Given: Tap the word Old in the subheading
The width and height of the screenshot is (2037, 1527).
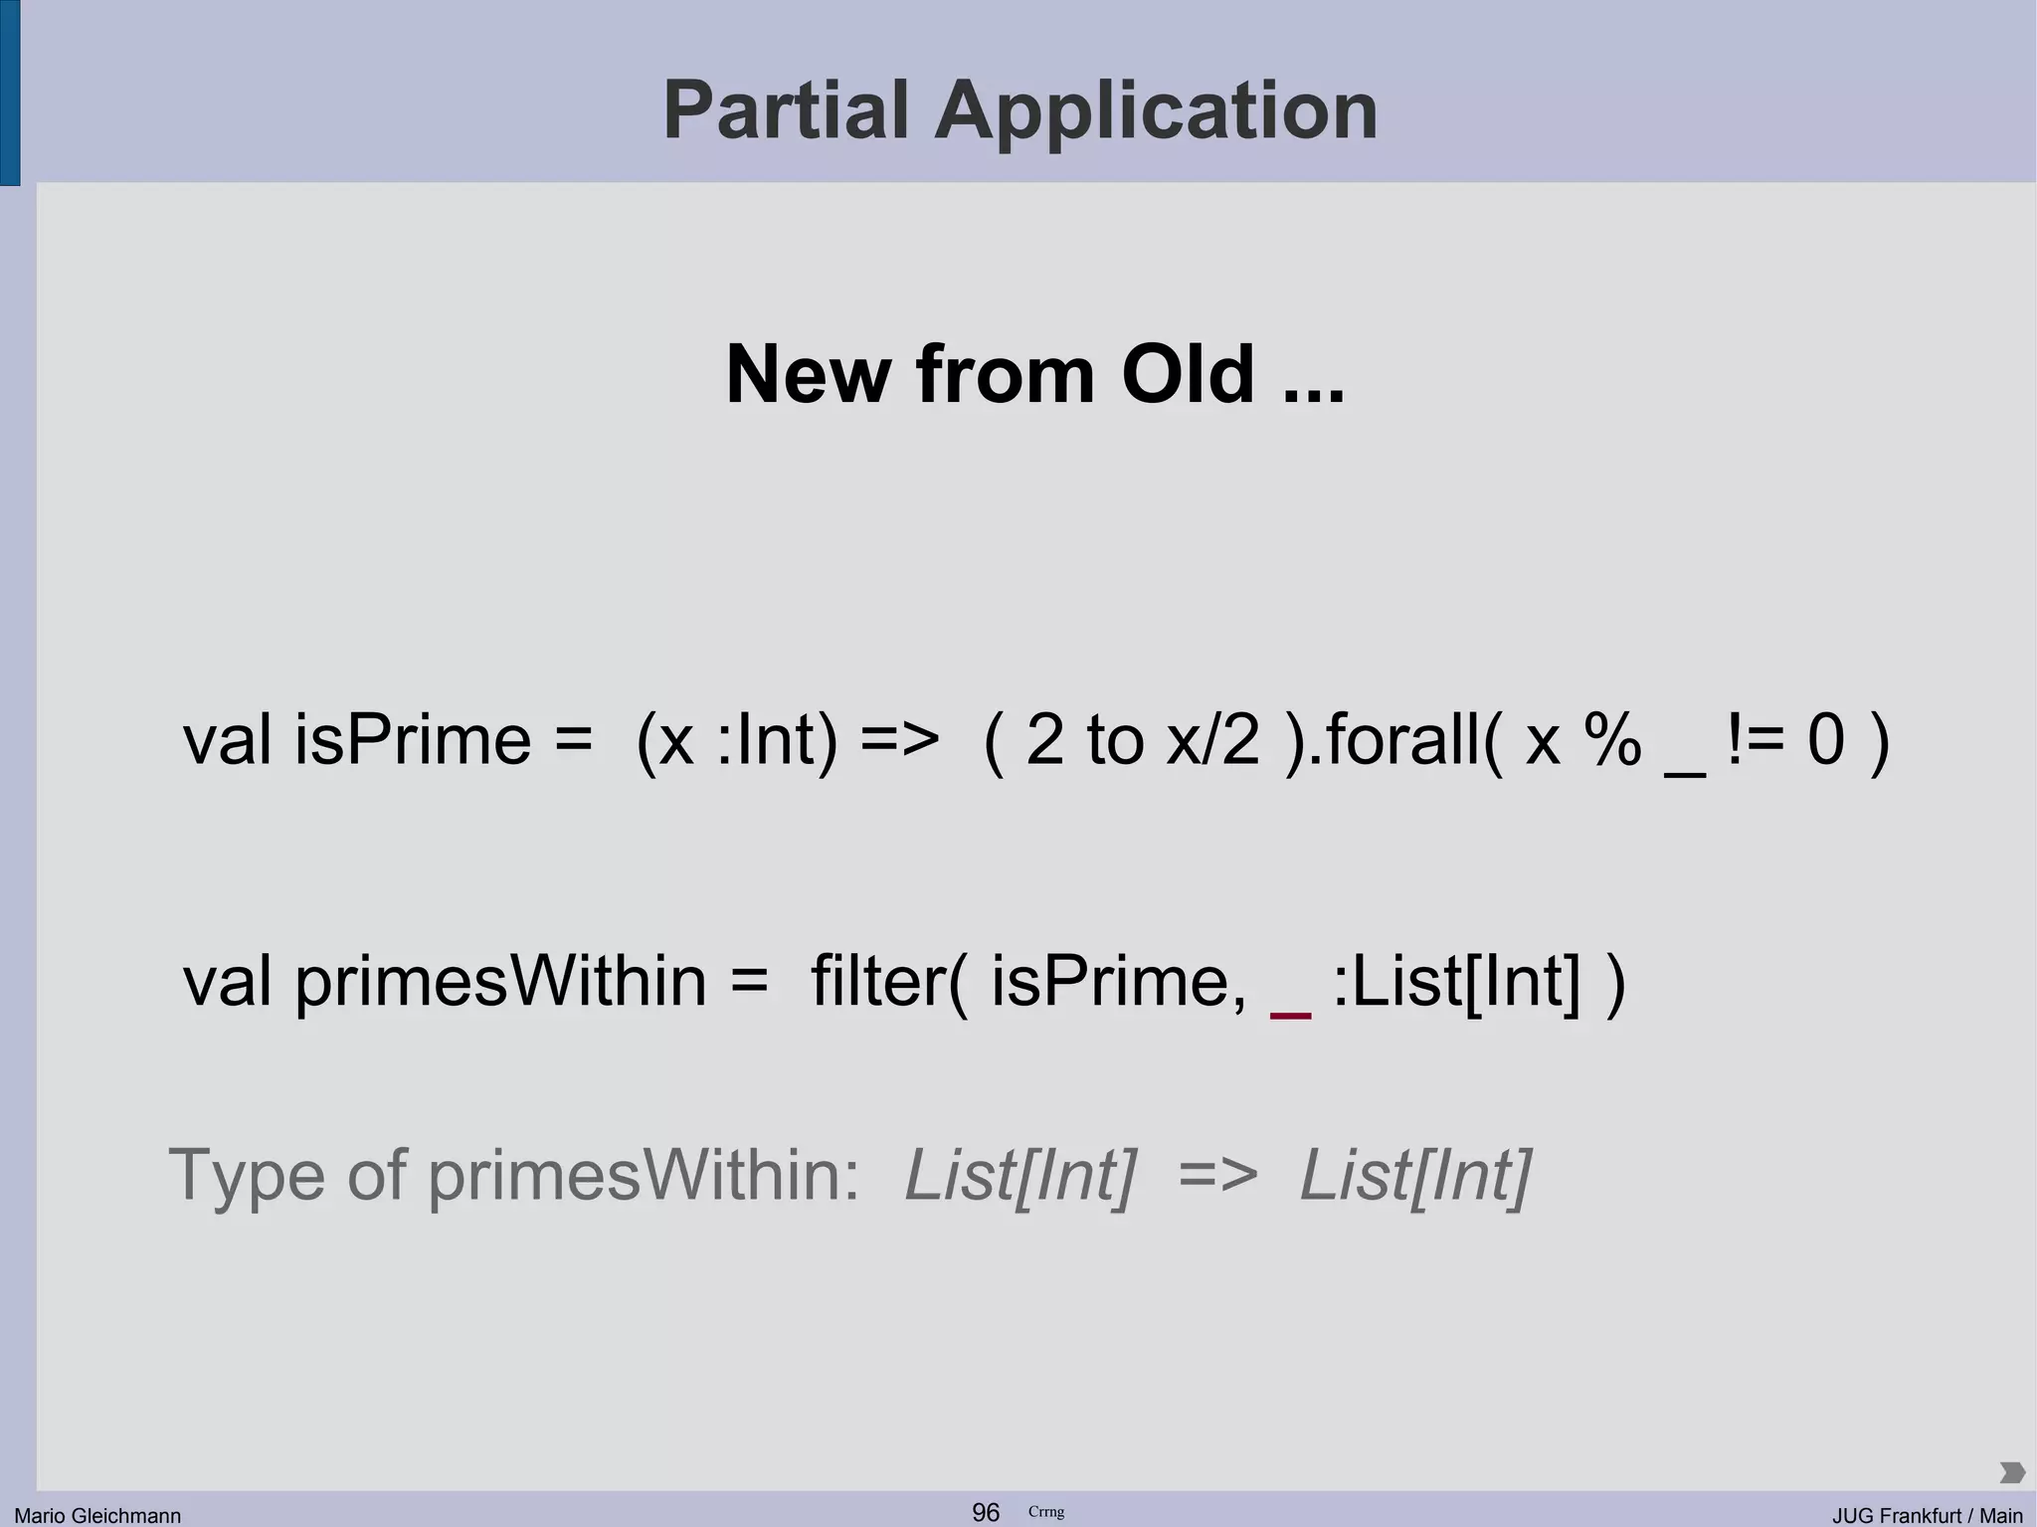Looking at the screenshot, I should [x=1188, y=375].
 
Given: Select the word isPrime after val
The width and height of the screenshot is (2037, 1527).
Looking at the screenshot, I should [x=412, y=740].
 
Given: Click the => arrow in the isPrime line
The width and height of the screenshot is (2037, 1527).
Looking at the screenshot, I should [x=899, y=740].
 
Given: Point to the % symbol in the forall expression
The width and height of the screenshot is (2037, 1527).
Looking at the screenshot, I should [x=1613, y=740].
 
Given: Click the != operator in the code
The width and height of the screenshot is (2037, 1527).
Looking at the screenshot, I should [x=1756, y=740].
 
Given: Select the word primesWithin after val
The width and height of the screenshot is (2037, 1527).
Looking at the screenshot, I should [x=499, y=981].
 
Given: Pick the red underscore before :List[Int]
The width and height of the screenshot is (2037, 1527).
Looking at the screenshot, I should [x=1291, y=1014].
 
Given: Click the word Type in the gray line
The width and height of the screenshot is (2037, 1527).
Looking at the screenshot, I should [x=247, y=1176].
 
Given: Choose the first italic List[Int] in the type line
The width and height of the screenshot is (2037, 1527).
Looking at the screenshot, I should [x=1019, y=1176].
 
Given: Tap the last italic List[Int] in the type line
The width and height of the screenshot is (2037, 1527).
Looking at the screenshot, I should [x=1415, y=1176].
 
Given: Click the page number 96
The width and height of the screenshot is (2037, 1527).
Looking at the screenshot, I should [x=986, y=1512].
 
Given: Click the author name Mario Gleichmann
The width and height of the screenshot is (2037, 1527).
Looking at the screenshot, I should [x=97, y=1515].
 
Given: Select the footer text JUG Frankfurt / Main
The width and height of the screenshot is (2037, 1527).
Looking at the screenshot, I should [x=1927, y=1515].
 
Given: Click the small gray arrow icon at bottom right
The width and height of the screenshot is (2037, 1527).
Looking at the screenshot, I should [x=2011, y=1472].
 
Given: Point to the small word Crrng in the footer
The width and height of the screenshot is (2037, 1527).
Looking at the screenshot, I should [x=1045, y=1512].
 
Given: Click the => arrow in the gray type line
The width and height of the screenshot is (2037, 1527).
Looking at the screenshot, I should [x=1217, y=1176].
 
